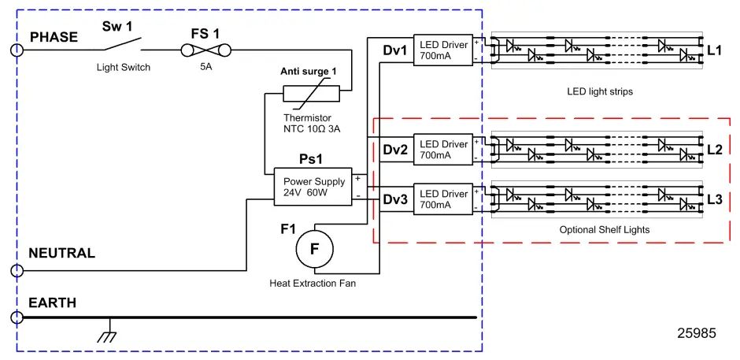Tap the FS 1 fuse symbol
205,51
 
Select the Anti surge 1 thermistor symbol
311,94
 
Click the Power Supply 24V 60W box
312,187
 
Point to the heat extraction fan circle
315,249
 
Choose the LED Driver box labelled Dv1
443,51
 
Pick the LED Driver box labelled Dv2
443,150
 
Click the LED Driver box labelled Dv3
443,199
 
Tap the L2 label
714,150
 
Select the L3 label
714,199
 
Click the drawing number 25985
697,333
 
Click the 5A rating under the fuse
205,68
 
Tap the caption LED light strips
600,91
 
